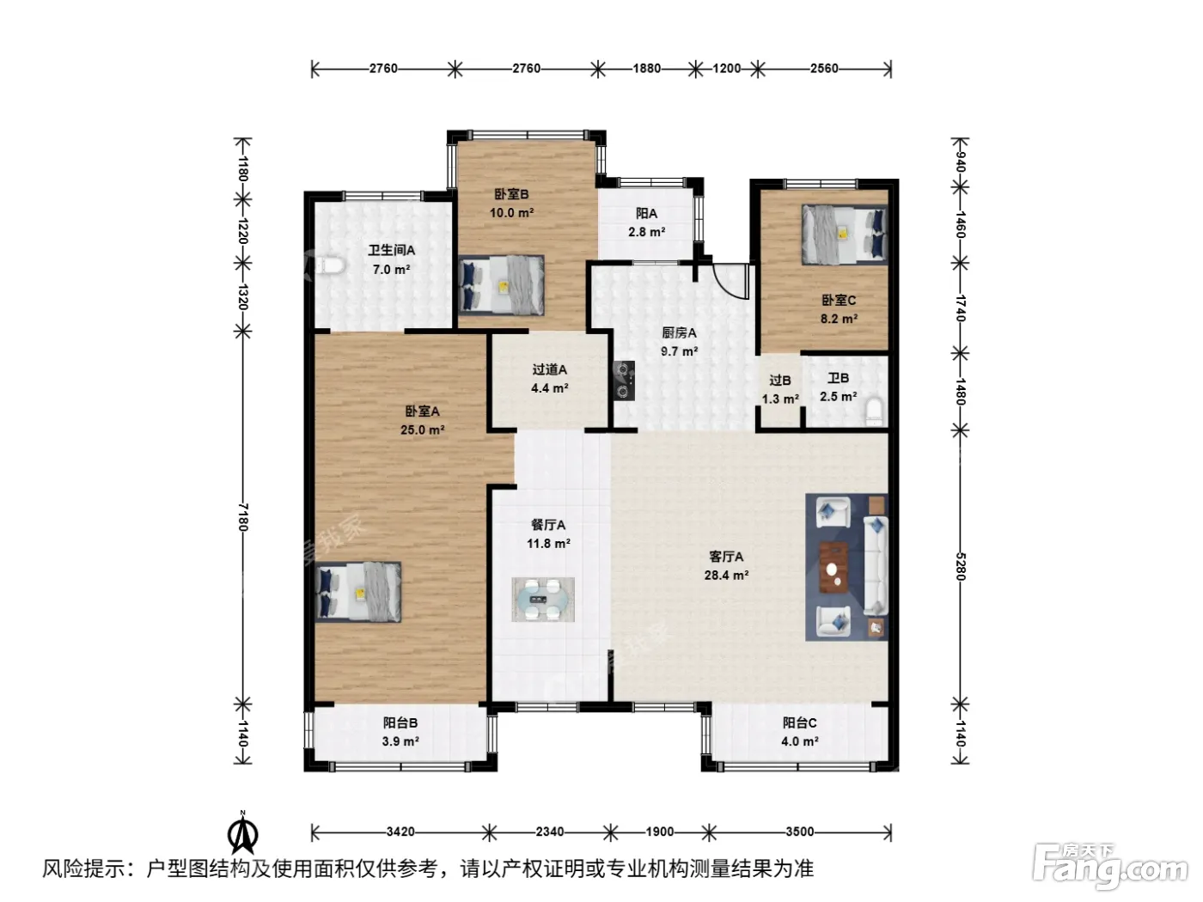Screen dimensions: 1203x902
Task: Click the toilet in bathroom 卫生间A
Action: coord(330,266)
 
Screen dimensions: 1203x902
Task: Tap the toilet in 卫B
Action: coord(874,411)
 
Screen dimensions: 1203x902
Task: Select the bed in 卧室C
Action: coord(844,235)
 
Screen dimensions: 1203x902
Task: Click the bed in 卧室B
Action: coord(501,285)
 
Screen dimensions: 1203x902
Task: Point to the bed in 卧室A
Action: coord(357,592)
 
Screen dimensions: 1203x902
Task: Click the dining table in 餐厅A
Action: coord(542,599)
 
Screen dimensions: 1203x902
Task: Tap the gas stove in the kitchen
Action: coord(624,380)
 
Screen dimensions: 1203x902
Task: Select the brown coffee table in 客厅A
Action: coord(833,567)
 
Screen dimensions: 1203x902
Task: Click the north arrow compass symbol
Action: coord(243,833)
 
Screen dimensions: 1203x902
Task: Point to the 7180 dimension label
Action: coord(243,517)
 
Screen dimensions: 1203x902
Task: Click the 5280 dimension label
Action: coord(960,566)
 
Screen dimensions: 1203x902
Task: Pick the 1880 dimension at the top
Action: coord(647,69)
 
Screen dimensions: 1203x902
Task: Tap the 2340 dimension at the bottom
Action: coord(550,832)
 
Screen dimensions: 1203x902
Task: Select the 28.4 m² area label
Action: coord(726,575)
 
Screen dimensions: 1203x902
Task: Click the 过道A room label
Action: coord(549,369)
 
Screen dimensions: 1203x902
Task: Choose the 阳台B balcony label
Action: coord(400,723)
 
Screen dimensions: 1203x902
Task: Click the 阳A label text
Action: coord(646,214)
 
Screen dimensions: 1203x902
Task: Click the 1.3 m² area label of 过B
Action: coord(780,399)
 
